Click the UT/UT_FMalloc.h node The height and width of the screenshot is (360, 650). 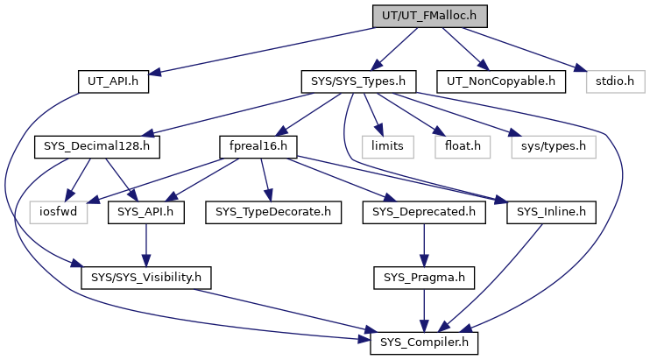(429, 16)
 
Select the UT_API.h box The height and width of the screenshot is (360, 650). (113, 81)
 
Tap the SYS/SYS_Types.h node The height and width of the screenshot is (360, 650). (358, 81)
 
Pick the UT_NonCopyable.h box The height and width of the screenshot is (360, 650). (501, 81)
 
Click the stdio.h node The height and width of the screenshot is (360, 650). (615, 81)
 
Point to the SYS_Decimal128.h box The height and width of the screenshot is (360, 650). (97, 146)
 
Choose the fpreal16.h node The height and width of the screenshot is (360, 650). (258, 146)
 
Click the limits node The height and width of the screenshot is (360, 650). (387, 146)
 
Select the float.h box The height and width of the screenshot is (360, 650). (463, 146)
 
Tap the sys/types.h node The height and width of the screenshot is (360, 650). (554, 146)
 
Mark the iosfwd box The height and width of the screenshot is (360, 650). (59, 212)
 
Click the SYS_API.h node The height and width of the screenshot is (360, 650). (146, 212)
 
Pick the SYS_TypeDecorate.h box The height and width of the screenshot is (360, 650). (273, 212)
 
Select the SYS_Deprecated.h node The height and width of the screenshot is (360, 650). (424, 212)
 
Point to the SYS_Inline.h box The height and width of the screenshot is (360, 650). (551, 212)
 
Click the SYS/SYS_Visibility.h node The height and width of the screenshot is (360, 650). (146, 278)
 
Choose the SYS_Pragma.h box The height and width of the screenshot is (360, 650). (424, 278)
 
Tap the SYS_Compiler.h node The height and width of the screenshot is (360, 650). (424, 343)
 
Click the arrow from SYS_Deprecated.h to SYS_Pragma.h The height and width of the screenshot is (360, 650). (424, 245)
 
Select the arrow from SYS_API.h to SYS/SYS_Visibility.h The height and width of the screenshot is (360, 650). (146, 245)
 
